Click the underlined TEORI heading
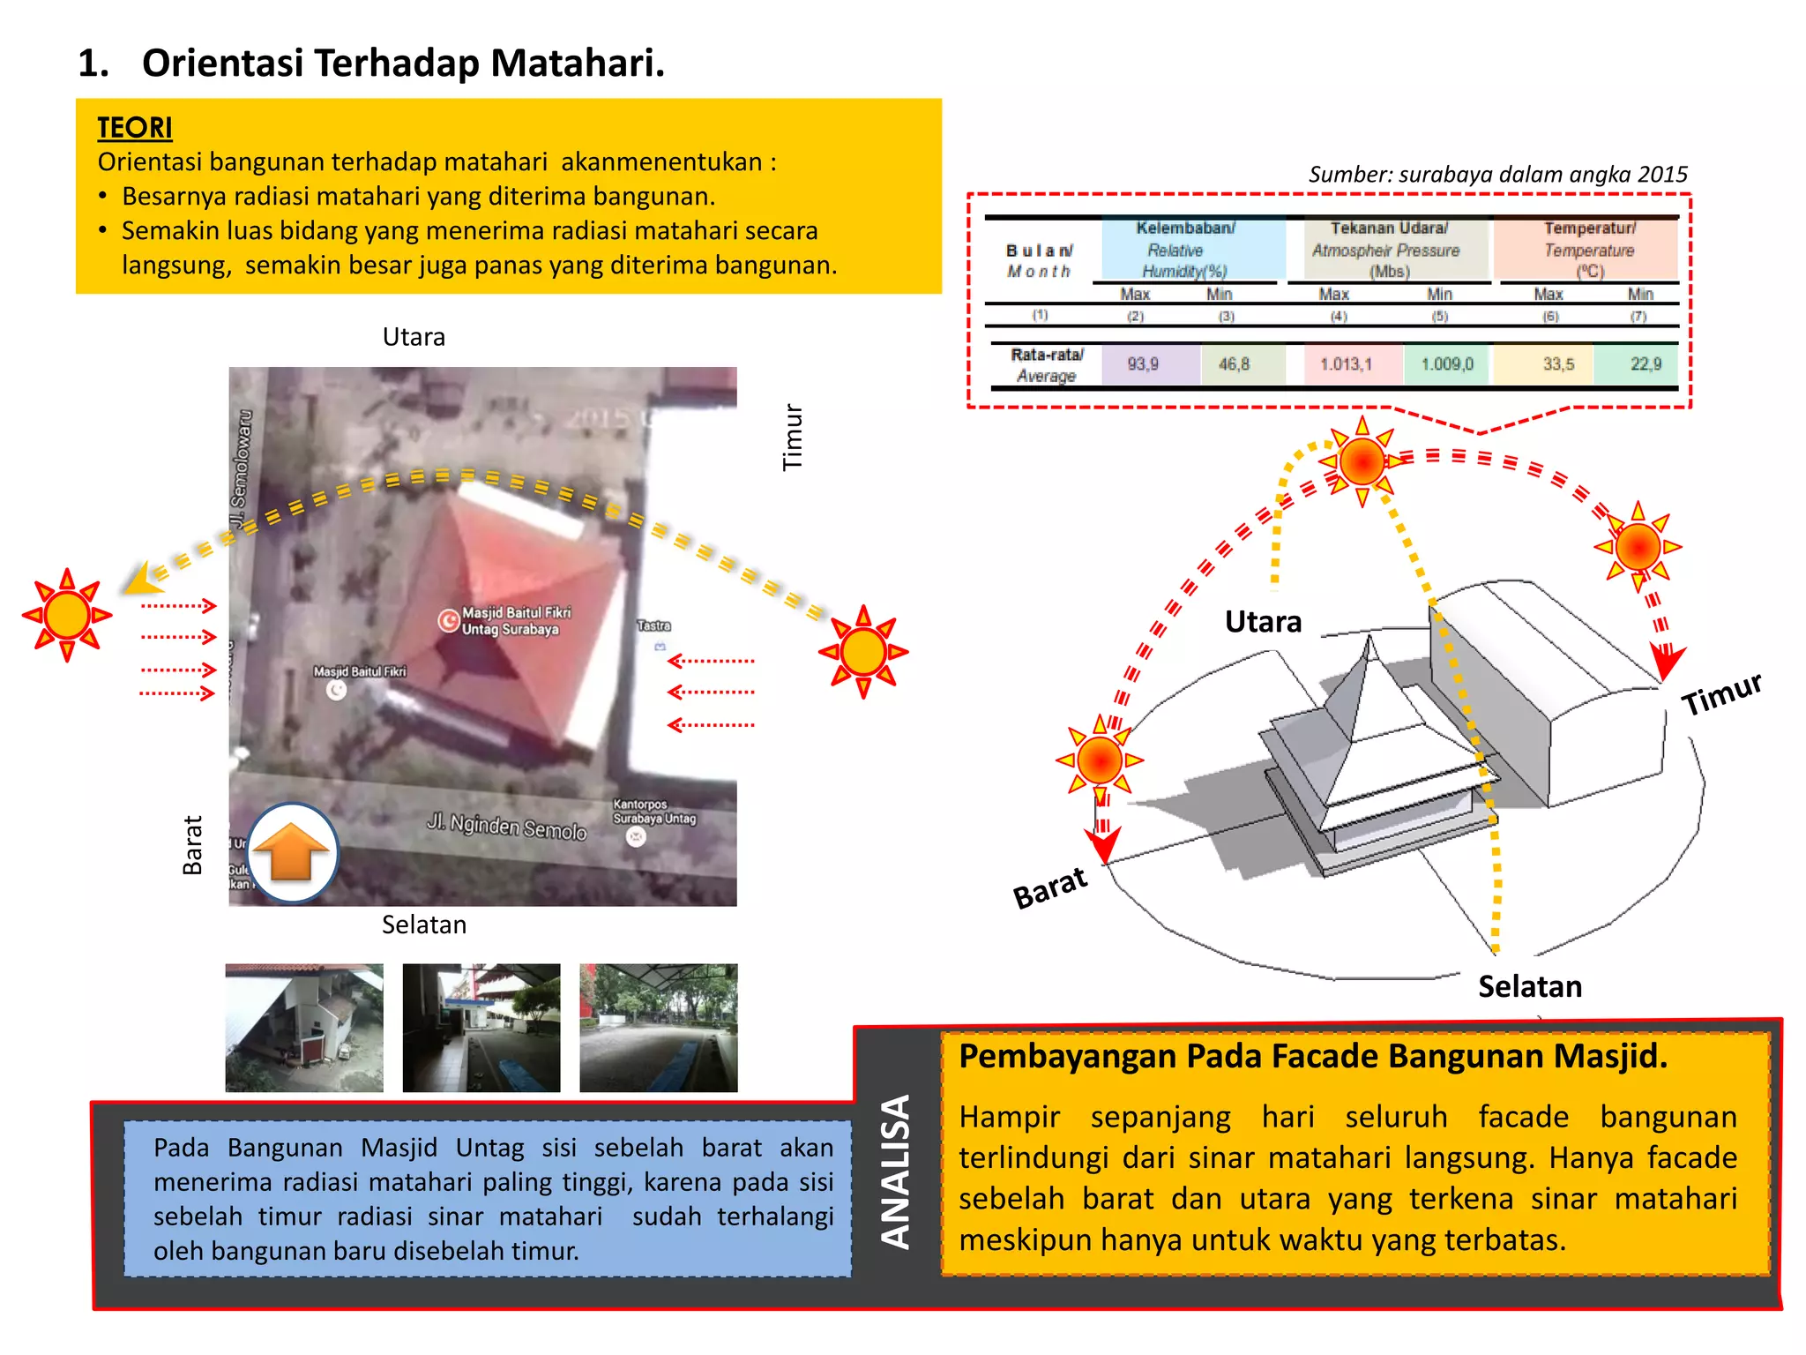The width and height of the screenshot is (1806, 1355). pos(135,128)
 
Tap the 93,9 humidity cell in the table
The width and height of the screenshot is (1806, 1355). pos(1143,364)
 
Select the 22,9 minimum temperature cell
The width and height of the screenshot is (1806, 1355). pos(1645,364)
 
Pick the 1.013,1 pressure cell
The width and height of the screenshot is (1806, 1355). pos(1346,364)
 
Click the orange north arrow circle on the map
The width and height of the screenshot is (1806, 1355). pos(293,852)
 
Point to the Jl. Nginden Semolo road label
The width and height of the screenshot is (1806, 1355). pos(506,827)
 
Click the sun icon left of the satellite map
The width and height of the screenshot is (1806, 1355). pos(67,615)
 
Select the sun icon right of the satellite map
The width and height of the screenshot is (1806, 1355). pos(863,653)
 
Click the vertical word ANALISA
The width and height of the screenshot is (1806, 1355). pos(897,1172)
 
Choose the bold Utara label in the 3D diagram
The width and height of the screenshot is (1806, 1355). pos(1263,622)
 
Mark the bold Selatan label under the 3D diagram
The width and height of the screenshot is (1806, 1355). pos(1529,986)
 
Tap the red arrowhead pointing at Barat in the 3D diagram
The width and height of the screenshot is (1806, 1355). pos(1102,847)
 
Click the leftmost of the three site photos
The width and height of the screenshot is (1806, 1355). pos(304,1028)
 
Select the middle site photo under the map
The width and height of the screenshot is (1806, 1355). pos(481,1028)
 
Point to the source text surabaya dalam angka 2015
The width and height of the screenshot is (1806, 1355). pos(1497,174)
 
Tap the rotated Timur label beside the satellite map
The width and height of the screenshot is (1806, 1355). pos(793,438)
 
